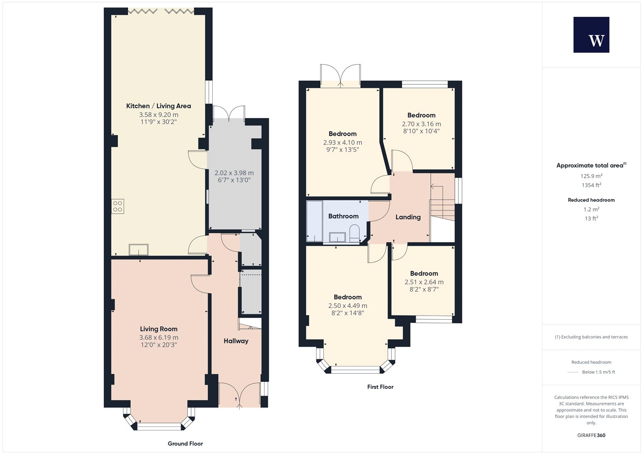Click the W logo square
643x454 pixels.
[x=592, y=35]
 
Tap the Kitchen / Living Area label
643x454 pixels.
[x=158, y=106]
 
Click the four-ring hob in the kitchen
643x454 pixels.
[x=118, y=206]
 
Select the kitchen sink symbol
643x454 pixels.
[x=139, y=249]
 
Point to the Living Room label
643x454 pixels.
[x=159, y=329]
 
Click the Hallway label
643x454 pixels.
[x=236, y=341]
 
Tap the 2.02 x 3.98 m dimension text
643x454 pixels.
[x=234, y=173]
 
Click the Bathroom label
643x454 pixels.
[x=344, y=216]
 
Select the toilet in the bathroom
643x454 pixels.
[x=355, y=233]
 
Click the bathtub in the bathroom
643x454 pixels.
[x=315, y=221]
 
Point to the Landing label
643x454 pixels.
[x=408, y=217]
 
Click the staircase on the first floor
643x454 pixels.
[x=442, y=202]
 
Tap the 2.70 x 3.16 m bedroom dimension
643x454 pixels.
[x=422, y=124]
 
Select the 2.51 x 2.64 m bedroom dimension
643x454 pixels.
[x=424, y=282]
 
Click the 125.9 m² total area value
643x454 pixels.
[x=592, y=176]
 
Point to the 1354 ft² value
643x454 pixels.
[x=592, y=185]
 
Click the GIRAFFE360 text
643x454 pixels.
[x=592, y=435]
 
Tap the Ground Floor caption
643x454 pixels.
[x=185, y=444]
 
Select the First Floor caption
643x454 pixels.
[x=380, y=387]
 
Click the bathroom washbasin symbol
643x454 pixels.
[x=337, y=237]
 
